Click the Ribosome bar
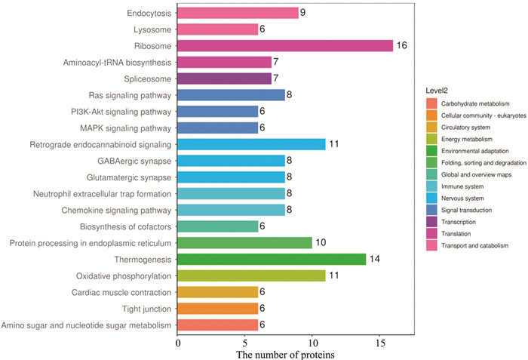[x=285, y=45]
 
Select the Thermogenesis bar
[x=272, y=259]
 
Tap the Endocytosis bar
[x=238, y=13]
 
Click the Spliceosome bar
[x=224, y=78]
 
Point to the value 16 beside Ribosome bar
[x=401, y=46]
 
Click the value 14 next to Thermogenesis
[x=374, y=259]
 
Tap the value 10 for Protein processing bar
[x=320, y=242]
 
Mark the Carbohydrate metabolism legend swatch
[x=431, y=103]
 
